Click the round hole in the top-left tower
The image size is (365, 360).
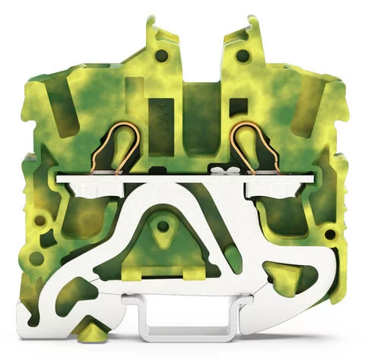click(x=161, y=55)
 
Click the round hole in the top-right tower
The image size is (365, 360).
click(x=242, y=55)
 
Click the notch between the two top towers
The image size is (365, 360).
click(x=201, y=65)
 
